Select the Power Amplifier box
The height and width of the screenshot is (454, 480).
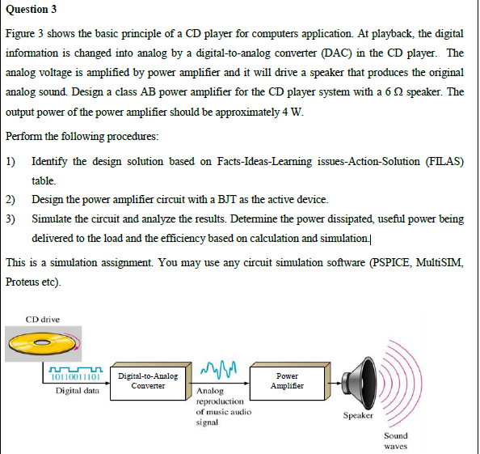point(287,380)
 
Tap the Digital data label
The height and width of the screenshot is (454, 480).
point(78,391)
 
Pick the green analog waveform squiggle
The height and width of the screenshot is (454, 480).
point(218,371)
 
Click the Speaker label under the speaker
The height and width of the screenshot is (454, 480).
point(357,416)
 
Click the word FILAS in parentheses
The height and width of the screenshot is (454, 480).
point(443,161)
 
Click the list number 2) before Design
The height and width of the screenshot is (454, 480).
point(11,199)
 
